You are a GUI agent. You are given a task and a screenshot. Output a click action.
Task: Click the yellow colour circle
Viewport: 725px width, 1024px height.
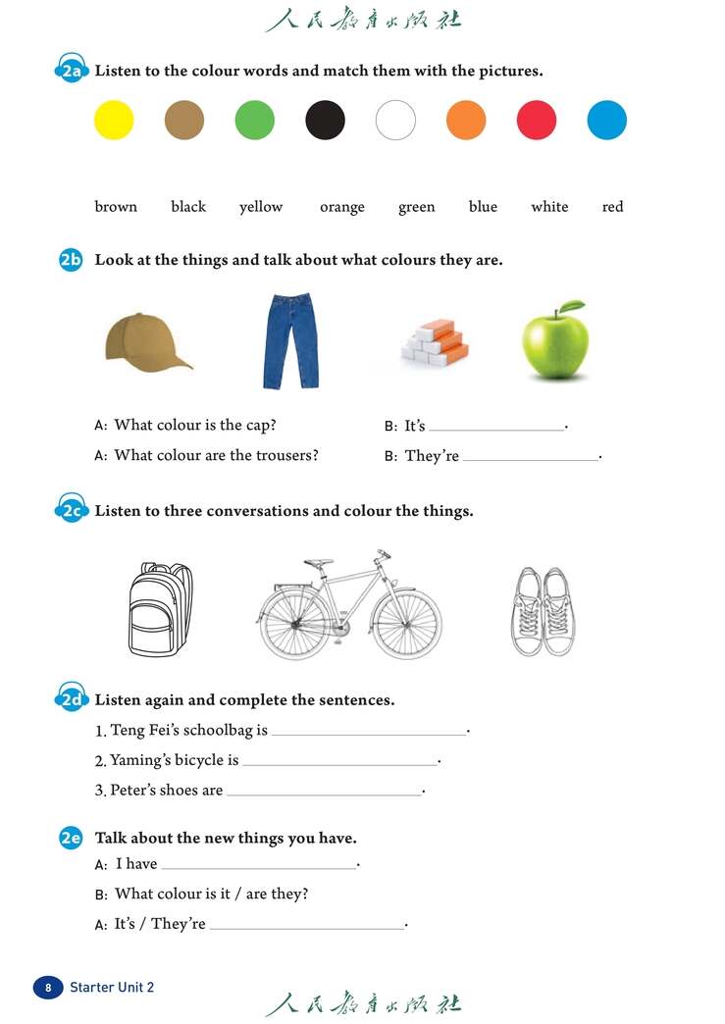point(114,121)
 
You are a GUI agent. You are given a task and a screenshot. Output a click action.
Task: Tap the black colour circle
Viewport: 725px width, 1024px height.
point(326,121)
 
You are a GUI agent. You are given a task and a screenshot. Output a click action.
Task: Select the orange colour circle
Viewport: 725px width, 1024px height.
point(466,121)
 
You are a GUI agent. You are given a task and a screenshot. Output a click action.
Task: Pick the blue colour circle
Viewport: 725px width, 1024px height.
point(607,121)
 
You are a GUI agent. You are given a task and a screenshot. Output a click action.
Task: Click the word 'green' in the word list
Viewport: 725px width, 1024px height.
point(416,207)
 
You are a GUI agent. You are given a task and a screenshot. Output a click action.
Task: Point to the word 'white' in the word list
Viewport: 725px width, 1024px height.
point(549,207)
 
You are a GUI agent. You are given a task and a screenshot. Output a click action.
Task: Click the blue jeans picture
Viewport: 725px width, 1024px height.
point(290,340)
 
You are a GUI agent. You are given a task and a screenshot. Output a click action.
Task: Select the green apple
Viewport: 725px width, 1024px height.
point(554,343)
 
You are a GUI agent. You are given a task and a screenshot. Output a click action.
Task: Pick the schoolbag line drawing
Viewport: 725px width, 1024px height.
point(160,609)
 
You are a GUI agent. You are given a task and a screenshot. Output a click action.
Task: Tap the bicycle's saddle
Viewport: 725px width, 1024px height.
point(317,563)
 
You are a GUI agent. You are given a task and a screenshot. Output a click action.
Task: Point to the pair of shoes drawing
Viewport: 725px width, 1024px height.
point(542,611)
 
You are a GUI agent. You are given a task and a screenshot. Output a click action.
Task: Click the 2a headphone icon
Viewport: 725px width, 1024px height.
point(71,71)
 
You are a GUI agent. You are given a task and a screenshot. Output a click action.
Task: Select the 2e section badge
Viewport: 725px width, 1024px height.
point(71,838)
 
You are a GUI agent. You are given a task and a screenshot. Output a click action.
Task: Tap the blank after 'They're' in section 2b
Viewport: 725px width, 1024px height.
point(531,457)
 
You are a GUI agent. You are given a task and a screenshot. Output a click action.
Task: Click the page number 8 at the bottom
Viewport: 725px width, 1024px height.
point(48,987)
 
